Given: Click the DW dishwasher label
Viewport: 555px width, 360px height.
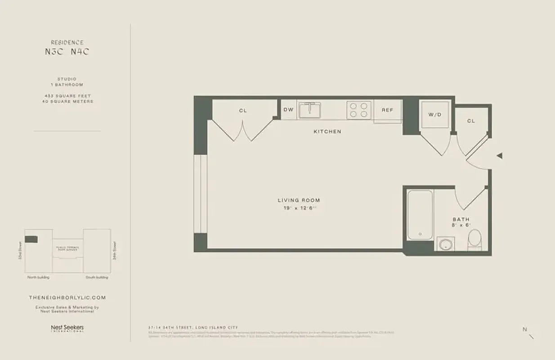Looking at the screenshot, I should coord(288,109).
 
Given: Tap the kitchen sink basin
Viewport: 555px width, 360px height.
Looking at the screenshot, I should coord(309,110).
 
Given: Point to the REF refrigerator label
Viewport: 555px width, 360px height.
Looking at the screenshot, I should coord(388,110).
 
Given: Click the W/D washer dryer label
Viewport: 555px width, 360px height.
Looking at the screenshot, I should coord(435,115).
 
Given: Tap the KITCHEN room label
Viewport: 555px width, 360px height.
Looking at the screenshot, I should coord(327,131).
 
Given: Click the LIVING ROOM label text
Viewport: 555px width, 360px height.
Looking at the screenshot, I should coord(299,200).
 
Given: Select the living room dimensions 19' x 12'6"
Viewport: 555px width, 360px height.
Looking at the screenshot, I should coord(299,207).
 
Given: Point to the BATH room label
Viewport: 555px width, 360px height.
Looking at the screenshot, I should coord(461,219).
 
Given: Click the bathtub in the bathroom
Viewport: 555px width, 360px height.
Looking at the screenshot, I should coord(420,215).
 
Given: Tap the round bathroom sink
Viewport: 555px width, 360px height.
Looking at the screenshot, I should coord(445,244).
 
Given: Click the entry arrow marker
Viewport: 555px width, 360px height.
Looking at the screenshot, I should coord(499,156).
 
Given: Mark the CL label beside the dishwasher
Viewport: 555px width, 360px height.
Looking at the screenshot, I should coord(243,110).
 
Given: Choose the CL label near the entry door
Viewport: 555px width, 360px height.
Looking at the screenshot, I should coord(471,121).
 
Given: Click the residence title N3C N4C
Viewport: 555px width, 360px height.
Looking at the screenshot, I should coord(67,52).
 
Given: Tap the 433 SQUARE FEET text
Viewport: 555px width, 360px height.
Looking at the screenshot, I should coord(67,96).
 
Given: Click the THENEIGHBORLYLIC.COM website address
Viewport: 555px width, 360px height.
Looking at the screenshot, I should coord(67,297).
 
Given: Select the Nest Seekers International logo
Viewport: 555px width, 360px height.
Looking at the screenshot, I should coord(67,328).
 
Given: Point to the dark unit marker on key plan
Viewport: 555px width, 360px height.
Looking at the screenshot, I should coord(31,239).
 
